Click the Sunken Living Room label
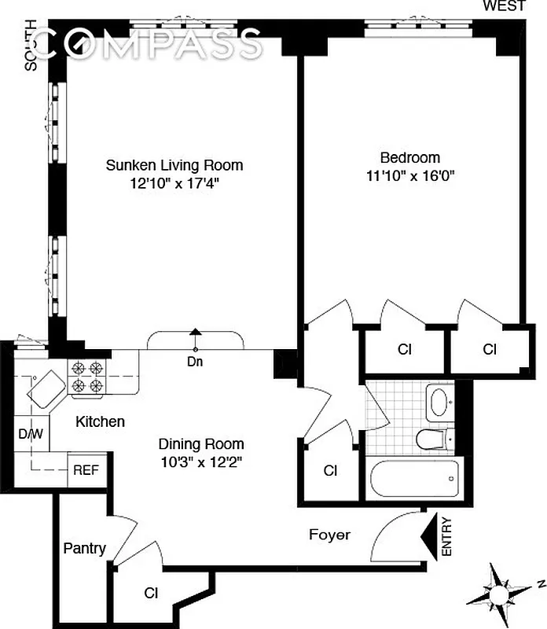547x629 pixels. (x=174, y=165)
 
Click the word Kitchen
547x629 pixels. (x=100, y=422)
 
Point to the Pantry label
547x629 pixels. (x=84, y=548)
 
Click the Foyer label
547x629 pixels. (x=329, y=535)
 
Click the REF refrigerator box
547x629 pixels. (x=86, y=469)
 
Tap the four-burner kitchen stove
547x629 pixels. (x=86, y=376)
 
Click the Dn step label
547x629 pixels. (x=196, y=362)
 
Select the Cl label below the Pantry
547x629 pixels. (x=150, y=593)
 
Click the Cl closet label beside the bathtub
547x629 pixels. (x=331, y=471)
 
